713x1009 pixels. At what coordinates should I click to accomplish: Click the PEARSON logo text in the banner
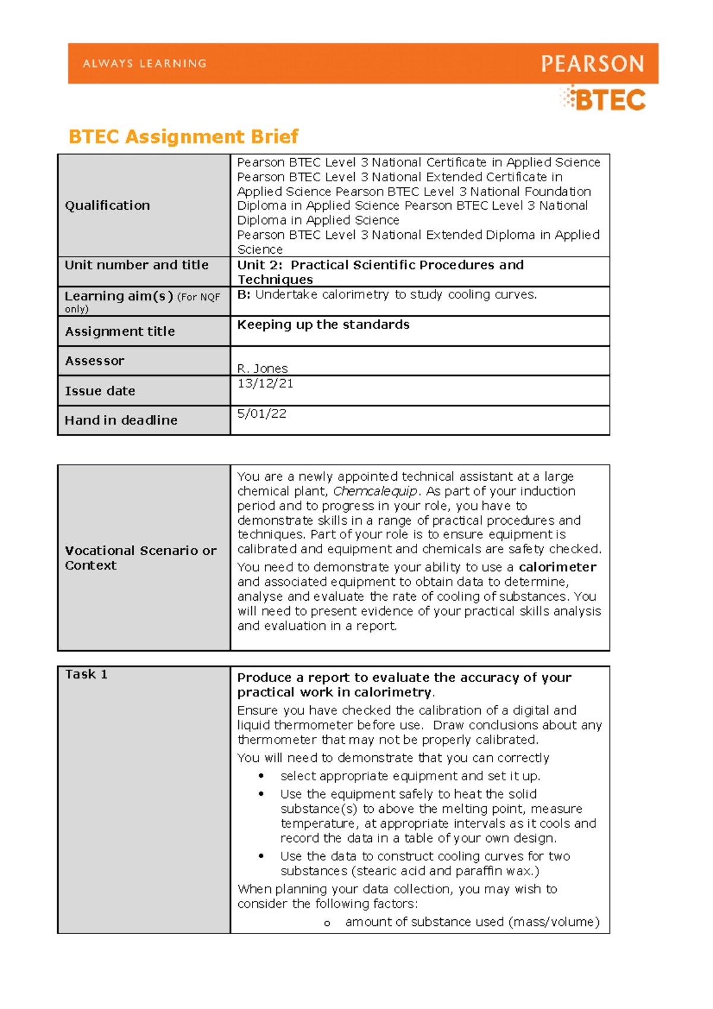click(592, 64)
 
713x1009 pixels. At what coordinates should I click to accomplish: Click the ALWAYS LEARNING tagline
click(145, 64)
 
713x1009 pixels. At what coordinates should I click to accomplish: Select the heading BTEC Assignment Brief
click(183, 137)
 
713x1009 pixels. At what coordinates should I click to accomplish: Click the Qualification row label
click(108, 206)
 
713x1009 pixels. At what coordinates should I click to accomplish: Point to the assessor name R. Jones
click(262, 368)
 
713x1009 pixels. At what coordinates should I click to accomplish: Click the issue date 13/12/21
click(265, 384)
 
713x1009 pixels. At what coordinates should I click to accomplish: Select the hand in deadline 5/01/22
click(261, 414)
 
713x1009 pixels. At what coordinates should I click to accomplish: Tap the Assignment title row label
click(120, 332)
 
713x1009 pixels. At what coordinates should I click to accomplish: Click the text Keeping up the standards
click(323, 325)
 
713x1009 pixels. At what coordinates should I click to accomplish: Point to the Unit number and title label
click(137, 265)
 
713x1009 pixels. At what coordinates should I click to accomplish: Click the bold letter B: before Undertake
click(244, 295)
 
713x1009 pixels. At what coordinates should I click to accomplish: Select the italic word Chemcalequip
click(375, 491)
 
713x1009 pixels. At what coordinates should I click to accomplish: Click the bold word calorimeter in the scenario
click(557, 567)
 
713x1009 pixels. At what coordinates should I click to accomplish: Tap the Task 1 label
click(86, 674)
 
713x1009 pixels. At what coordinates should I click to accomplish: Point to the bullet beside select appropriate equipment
click(261, 776)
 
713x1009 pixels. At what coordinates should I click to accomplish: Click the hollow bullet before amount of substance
click(326, 923)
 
